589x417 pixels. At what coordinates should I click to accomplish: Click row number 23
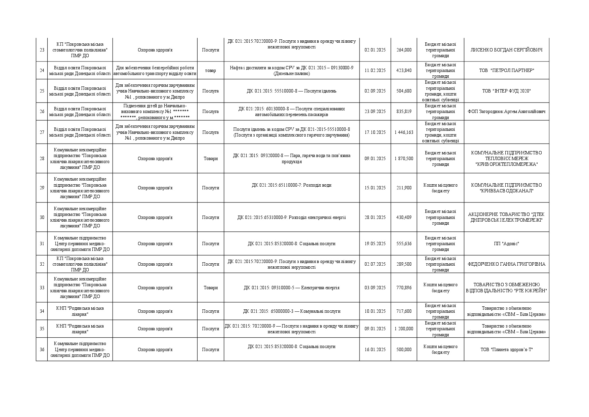pos(42,50)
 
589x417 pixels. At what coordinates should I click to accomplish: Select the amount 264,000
pos(404,50)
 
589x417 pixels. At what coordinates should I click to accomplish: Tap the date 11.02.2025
pos(375,71)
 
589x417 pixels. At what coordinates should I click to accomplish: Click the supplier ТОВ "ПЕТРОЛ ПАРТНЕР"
pos(506,71)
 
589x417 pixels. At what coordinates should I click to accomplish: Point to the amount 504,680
pos(404,91)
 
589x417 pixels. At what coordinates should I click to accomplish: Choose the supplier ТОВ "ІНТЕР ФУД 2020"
pos(506,91)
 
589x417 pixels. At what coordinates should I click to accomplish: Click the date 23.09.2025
pos(375,112)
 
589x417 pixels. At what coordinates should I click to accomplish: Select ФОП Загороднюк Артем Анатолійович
pos(506,112)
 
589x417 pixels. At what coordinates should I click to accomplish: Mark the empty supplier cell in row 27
pos(506,132)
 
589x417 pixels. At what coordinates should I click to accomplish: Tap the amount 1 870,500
pos(404,159)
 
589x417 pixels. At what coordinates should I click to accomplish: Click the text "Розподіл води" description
pos(291,185)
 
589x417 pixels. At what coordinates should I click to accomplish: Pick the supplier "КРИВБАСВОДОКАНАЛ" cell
pos(506,188)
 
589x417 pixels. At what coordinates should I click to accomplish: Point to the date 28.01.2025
pos(375,218)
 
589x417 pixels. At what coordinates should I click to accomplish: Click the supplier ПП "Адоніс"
pos(506,244)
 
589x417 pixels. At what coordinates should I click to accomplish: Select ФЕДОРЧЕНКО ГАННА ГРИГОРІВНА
pos(506,264)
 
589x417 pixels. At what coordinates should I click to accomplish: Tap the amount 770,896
pos(404,288)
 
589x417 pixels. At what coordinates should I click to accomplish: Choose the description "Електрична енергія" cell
pos(291,288)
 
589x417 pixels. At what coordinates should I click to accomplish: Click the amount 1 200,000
pos(404,329)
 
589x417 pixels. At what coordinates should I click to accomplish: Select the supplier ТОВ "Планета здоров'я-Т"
pos(506,350)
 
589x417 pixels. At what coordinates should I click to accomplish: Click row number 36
pos(42,350)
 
